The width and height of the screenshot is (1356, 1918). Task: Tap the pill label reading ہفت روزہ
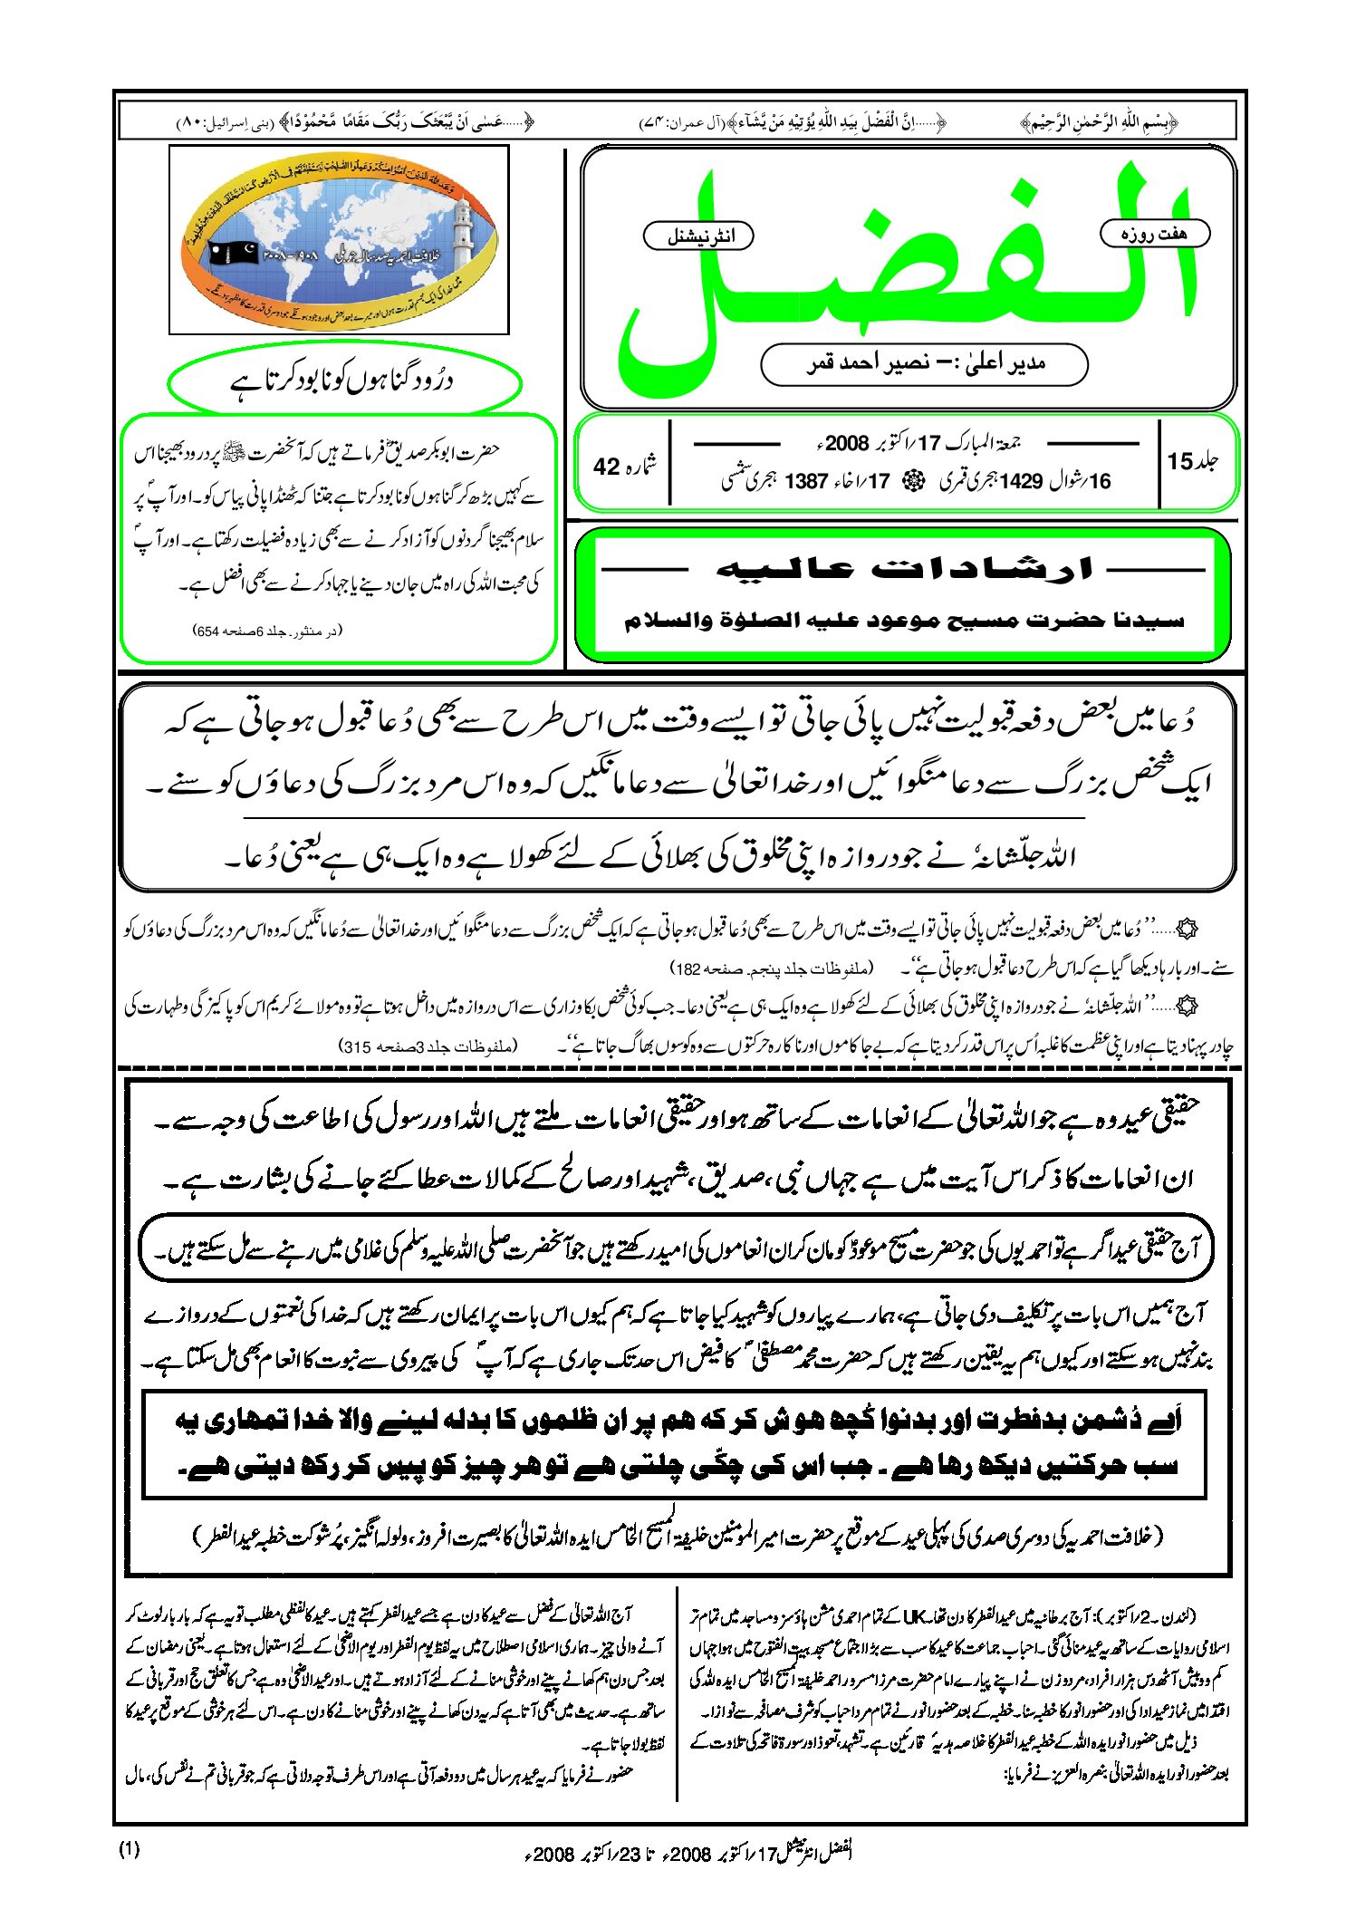pos(1154,234)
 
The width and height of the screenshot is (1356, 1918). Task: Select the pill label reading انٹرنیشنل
pos(698,236)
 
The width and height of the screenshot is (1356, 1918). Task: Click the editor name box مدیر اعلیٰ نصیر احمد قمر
pos(924,364)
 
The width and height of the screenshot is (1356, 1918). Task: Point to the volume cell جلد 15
pos(1193,461)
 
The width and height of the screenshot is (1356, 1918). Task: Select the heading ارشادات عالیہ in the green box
pos(903,568)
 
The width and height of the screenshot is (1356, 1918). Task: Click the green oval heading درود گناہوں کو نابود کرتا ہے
pos(343,381)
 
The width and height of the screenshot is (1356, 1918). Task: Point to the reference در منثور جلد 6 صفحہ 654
pos(269,631)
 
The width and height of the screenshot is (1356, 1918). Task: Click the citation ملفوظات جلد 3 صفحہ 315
pos(428,1046)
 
